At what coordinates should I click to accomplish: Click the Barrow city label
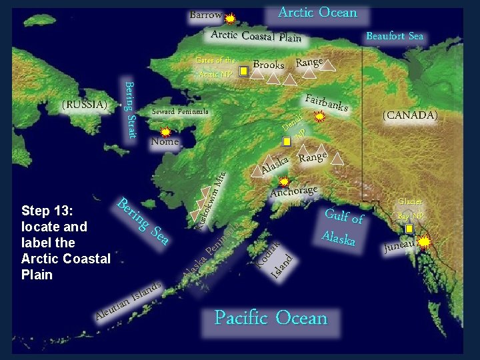(205, 15)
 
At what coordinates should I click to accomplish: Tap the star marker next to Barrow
(230, 19)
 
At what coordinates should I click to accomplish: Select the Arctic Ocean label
(317, 13)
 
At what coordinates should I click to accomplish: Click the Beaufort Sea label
(395, 36)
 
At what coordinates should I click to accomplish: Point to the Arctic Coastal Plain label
(256, 35)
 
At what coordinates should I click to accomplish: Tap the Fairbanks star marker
(319, 117)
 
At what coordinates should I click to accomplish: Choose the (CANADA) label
(409, 115)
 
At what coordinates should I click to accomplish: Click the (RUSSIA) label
(84, 105)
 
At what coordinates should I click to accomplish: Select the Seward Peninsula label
(180, 111)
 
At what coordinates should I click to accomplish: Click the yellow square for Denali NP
(287, 141)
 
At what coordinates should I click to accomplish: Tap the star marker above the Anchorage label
(284, 181)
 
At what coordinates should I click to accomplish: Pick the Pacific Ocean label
(271, 318)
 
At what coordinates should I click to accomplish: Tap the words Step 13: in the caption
(47, 211)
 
